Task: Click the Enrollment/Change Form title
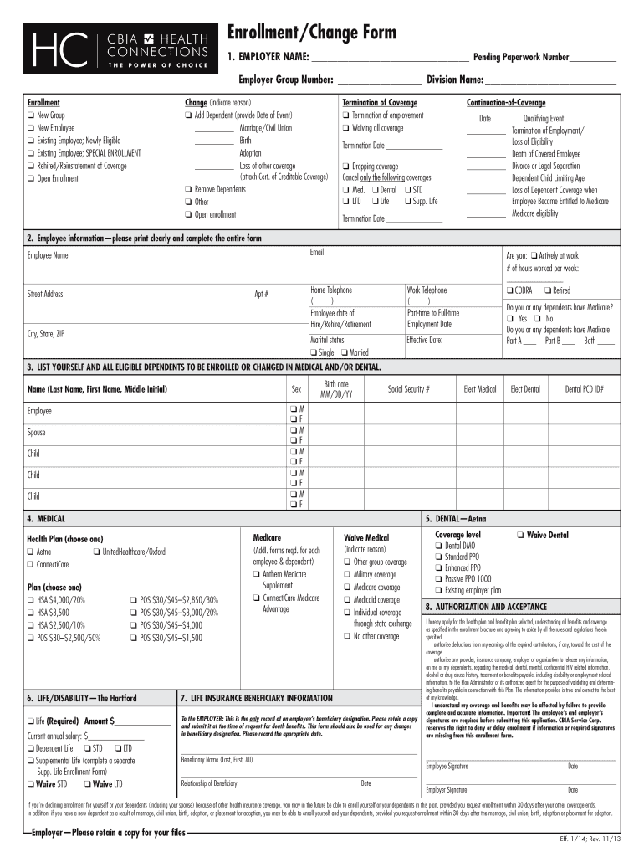312,33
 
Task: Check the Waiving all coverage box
345,128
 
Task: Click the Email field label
317,253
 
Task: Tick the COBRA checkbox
508,290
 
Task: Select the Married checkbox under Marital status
345,352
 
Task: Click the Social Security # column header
408,389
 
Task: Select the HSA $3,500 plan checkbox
31,613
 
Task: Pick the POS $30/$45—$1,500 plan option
135,638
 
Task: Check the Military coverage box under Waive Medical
345,575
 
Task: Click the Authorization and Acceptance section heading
485,606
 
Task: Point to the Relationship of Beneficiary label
209,783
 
